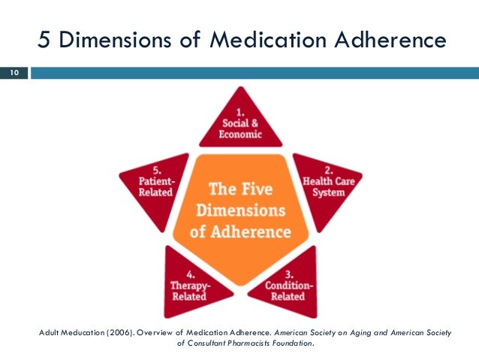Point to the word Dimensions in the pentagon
pyautogui.click(x=238, y=208)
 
